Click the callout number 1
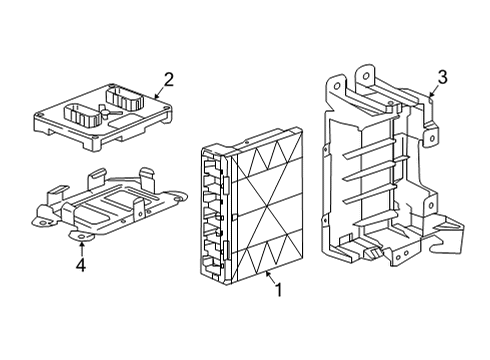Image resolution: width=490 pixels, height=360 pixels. [x=279, y=289]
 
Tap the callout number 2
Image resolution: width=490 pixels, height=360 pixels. [x=169, y=80]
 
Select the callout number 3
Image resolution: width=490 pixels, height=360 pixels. [x=442, y=77]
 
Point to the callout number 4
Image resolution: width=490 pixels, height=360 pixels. [x=81, y=265]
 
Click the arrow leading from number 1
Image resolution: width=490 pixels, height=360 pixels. [x=270, y=277]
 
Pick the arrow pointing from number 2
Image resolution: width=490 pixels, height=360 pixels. [x=159, y=92]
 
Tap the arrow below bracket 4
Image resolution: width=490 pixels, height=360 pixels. [x=81, y=249]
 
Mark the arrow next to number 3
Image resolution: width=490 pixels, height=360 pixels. [x=433, y=90]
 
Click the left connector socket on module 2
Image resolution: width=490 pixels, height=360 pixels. [x=82, y=116]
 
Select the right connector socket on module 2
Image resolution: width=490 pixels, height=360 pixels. [x=124, y=97]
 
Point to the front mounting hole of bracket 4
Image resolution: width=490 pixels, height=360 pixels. [x=81, y=236]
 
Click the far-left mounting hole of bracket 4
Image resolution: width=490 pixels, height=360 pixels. [x=42, y=223]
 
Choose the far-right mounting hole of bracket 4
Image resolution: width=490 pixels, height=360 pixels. [x=179, y=199]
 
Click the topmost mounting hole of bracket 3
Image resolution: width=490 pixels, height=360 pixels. [x=366, y=76]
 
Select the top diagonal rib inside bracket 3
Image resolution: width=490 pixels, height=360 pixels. [x=369, y=148]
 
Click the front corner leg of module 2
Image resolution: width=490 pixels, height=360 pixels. [x=94, y=144]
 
